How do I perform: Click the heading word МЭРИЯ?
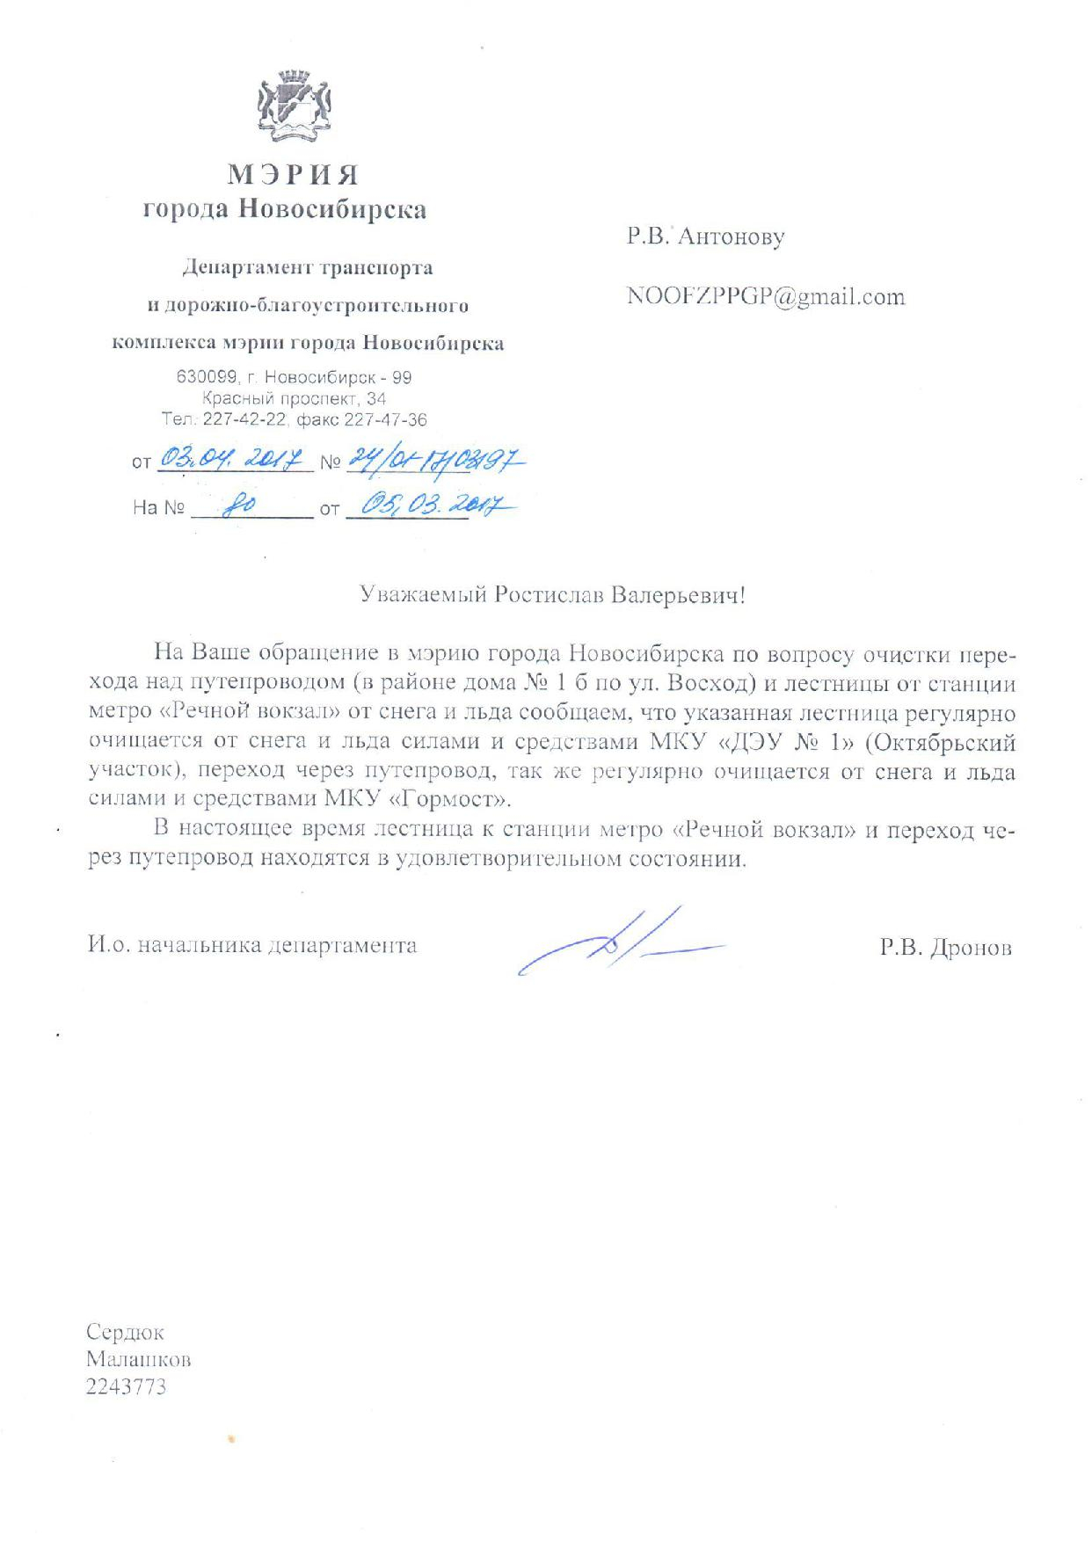(293, 175)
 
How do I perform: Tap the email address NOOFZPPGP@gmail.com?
(765, 297)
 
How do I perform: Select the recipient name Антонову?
(732, 236)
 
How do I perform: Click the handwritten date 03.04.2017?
(232, 459)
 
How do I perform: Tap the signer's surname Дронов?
(970, 948)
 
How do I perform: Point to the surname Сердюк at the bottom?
(125, 1332)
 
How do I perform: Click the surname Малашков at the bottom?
(139, 1360)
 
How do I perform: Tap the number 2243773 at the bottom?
(126, 1387)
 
